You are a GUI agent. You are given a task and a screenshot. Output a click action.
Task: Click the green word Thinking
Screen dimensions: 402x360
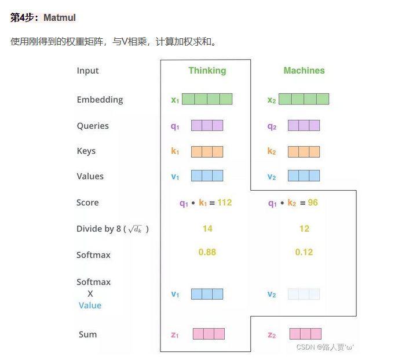[207, 71]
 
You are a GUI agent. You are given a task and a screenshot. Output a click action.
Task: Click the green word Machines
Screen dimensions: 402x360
[304, 71]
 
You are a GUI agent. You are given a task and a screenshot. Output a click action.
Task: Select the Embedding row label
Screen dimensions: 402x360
[100, 100]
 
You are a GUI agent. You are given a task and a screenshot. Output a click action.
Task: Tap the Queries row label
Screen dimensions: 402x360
[93, 126]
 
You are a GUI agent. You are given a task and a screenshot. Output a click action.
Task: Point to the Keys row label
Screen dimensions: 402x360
[86, 151]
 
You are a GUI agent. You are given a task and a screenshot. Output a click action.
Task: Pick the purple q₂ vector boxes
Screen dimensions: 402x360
[304, 126]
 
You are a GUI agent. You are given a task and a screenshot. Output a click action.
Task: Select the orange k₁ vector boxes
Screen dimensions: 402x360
[207, 152]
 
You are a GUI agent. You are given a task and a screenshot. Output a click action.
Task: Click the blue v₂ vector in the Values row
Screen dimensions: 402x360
[304, 176]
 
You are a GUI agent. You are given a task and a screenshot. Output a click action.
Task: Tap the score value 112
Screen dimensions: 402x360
[224, 203]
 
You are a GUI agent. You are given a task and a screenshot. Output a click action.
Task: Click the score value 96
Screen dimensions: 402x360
[313, 203]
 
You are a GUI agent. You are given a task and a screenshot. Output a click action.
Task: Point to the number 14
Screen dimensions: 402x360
[207, 229]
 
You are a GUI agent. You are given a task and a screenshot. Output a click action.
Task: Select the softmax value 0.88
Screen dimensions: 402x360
[207, 252]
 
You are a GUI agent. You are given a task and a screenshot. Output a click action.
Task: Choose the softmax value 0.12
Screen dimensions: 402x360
[304, 252]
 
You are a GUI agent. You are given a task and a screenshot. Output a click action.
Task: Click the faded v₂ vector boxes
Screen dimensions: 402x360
[304, 294]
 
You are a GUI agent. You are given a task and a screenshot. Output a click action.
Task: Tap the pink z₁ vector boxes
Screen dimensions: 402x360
[208, 334]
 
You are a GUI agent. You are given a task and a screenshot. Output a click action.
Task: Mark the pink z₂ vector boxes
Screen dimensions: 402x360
[305, 334]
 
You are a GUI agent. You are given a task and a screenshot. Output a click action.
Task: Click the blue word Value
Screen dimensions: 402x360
[90, 306]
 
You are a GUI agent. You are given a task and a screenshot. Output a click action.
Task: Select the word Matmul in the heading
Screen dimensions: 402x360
[60, 18]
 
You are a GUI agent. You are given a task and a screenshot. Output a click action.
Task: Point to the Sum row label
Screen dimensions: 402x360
[88, 334]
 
